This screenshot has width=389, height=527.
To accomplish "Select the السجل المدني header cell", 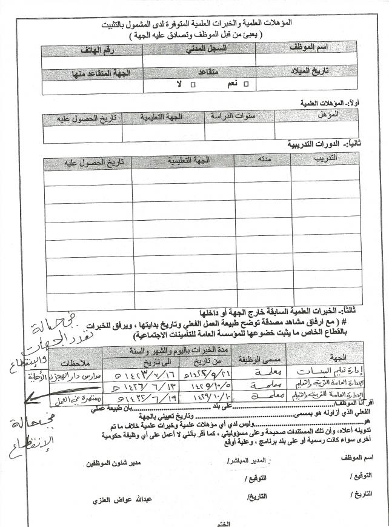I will click(x=199, y=48).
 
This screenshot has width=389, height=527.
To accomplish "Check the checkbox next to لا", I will click(x=193, y=84).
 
